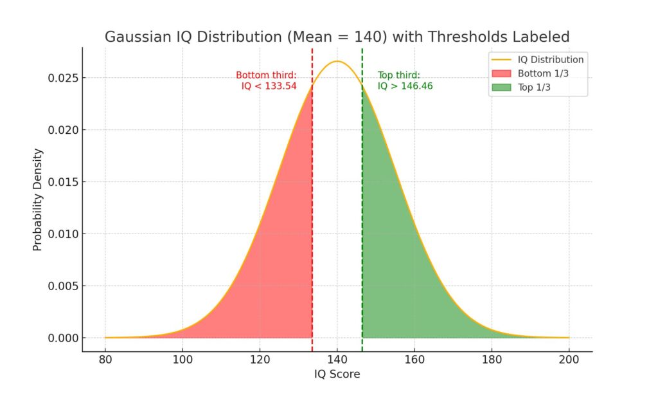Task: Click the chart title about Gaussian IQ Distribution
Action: (337, 37)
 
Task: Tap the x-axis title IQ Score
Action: (337, 374)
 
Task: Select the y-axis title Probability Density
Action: (38, 199)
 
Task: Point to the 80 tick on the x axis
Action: (105, 358)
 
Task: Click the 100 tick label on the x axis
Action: (182, 358)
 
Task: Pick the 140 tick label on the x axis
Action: (337, 358)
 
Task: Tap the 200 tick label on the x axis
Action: (568, 358)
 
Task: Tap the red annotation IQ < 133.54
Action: (269, 86)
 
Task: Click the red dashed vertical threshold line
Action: (312, 193)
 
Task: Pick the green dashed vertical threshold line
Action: (362, 193)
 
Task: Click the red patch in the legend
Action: (500, 73)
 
